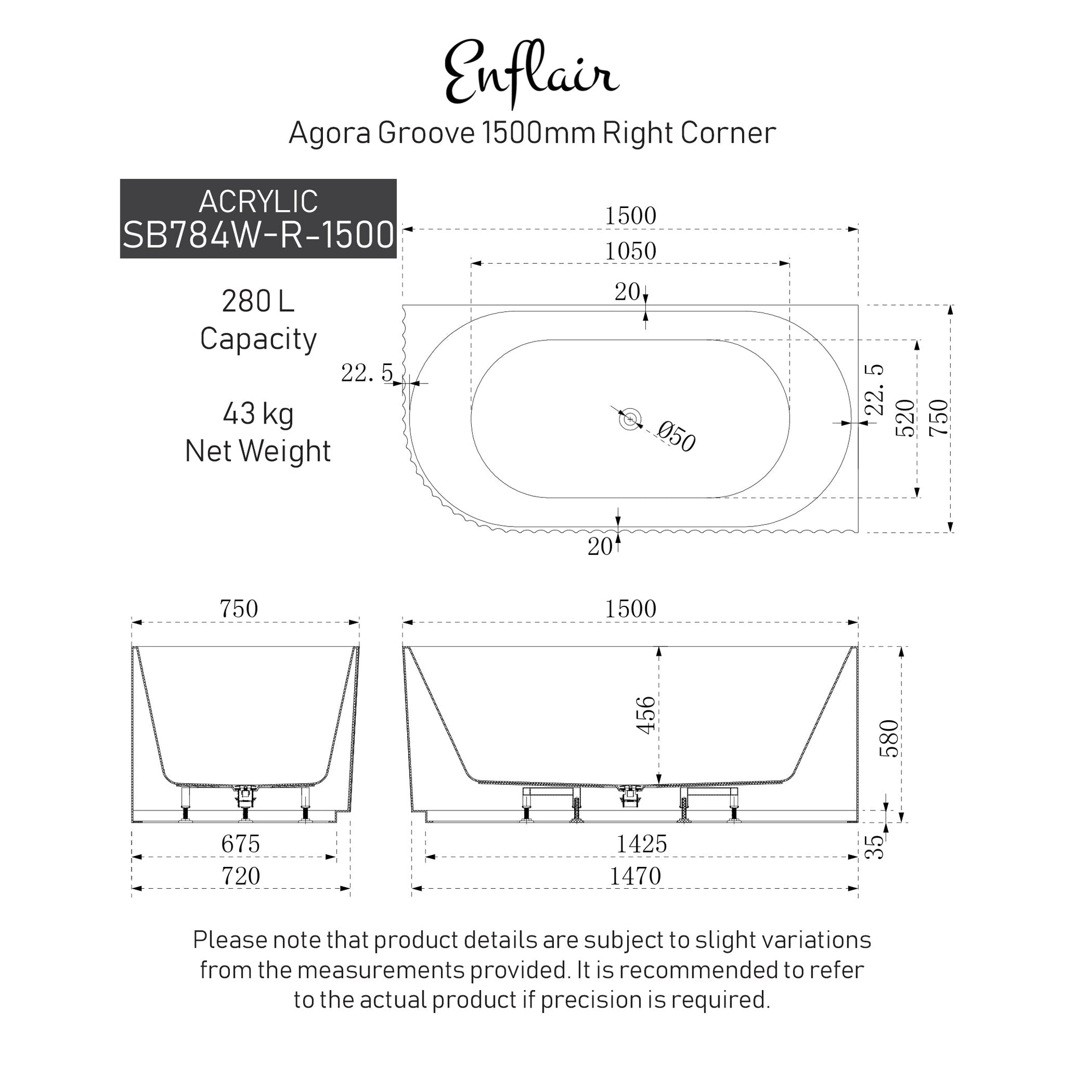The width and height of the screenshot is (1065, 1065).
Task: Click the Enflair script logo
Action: (531, 73)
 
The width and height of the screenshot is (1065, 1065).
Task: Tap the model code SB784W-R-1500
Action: (258, 234)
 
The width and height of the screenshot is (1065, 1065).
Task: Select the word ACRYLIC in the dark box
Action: (258, 201)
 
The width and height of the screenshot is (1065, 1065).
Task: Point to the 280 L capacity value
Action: (258, 302)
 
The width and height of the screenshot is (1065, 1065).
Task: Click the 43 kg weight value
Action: (258, 414)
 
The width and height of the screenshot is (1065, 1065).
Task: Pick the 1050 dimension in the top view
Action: (630, 251)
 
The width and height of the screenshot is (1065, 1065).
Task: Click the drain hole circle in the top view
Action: (630, 420)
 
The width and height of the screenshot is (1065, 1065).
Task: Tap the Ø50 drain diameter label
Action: (677, 437)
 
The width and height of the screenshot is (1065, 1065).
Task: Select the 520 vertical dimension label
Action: (905, 418)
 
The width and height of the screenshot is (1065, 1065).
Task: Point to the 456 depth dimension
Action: (646, 715)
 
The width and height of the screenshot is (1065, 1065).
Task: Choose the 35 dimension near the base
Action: (874, 847)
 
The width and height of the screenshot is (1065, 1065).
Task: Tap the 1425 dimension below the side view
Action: (641, 844)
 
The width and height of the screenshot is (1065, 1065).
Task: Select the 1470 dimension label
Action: (635, 876)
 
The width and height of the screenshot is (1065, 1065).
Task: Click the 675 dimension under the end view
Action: (240, 844)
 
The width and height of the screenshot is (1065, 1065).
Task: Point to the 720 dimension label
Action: (240, 876)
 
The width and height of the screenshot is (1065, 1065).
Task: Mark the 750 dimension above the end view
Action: (239, 609)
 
